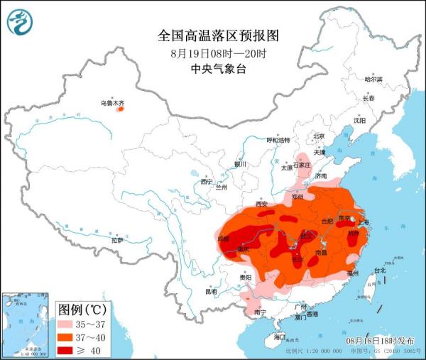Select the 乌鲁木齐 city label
click(111, 104)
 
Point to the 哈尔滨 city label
click(373, 79)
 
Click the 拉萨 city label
click(117, 241)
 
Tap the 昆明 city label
click(211, 291)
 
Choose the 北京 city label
click(319, 136)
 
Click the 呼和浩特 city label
click(278, 140)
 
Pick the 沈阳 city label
click(360, 121)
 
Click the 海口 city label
click(279, 336)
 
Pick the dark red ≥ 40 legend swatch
click(69, 349)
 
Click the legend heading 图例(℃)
click(82, 309)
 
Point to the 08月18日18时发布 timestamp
click(381, 342)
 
